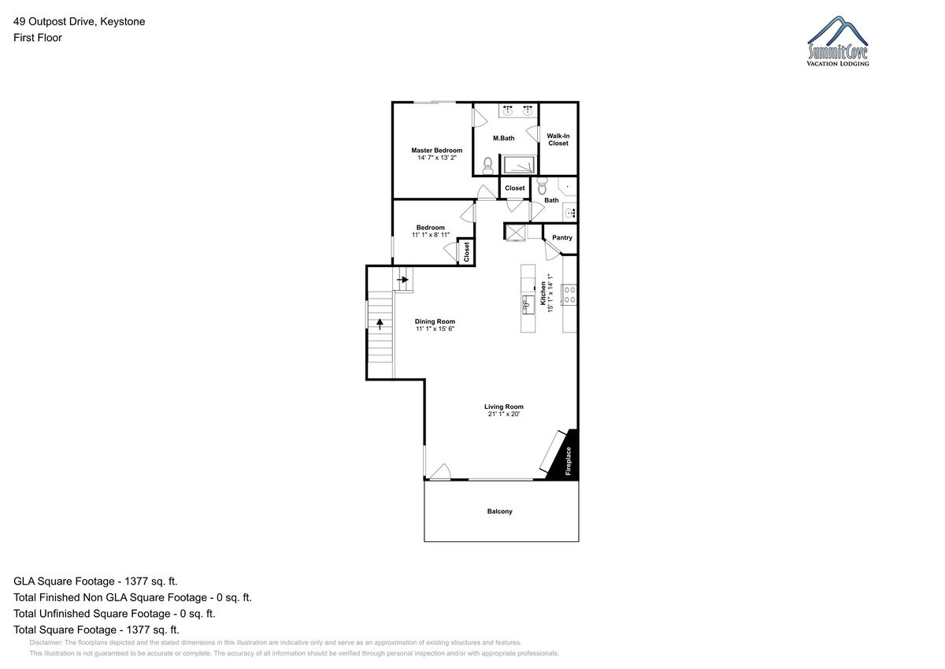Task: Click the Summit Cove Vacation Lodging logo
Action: [x=837, y=41]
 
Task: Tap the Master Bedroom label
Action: [x=436, y=151]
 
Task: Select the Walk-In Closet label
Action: [x=558, y=139]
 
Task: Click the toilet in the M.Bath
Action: [x=488, y=166]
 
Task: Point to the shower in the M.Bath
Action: [x=518, y=165]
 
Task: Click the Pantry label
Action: [x=562, y=238]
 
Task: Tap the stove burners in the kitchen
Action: [x=569, y=295]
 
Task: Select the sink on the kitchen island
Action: [x=528, y=305]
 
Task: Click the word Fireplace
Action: [x=569, y=461]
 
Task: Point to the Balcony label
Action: [x=499, y=511]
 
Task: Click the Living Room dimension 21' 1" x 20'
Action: [x=504, y=414]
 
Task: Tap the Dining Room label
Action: [x=435, y=321]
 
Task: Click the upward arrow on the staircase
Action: [x=380, y=324]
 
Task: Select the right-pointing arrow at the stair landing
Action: [x=402, y=280]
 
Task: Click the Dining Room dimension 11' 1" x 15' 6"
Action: [x=435, y=329]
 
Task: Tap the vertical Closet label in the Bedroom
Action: [x=466, y=252]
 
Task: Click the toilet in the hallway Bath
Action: [x=542, y=186]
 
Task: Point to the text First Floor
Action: [x=38, y=38]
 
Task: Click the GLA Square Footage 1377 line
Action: [x=95, y=582]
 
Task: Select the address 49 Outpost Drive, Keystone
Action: [x=80, y=21]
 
